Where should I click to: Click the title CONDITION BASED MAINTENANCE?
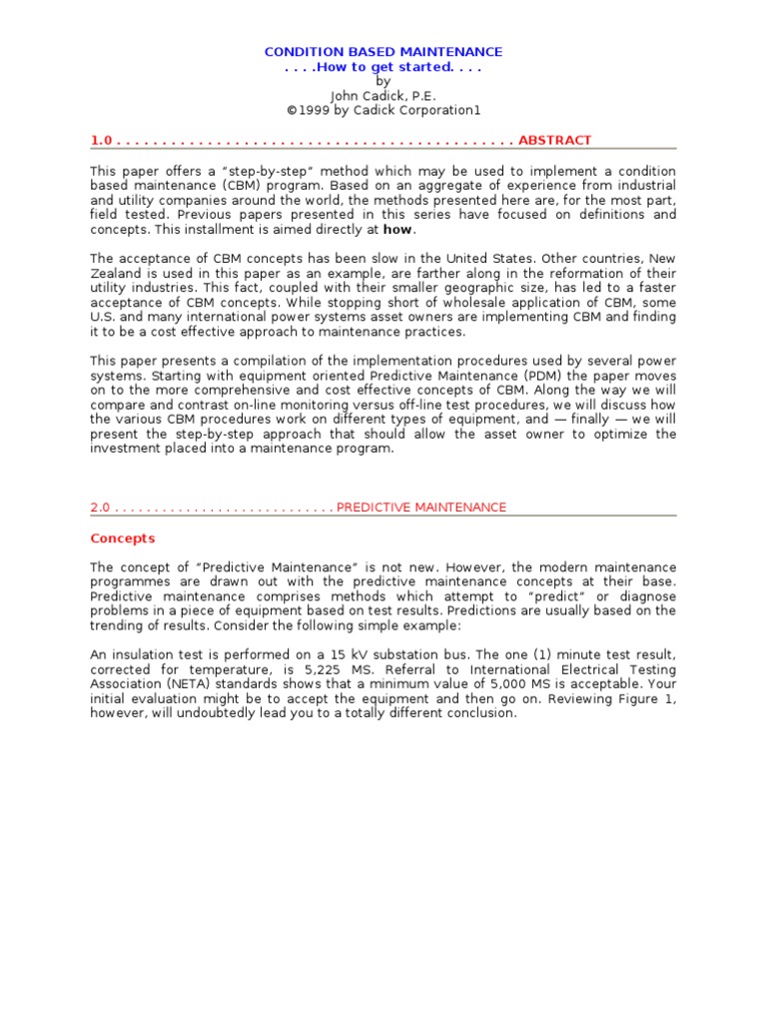[383, 52]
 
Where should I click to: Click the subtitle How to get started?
[383, 67]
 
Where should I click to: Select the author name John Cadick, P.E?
[383, 96]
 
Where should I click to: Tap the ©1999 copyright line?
[383, 110]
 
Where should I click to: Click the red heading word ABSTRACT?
[555, 140]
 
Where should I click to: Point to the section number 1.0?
[100, 140]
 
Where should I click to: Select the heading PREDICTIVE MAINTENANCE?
[421, 508]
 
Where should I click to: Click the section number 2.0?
[100, 508]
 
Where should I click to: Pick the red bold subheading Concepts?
[123, 538]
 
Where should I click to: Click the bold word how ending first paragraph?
[397, 229]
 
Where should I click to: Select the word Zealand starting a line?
[116, 273]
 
